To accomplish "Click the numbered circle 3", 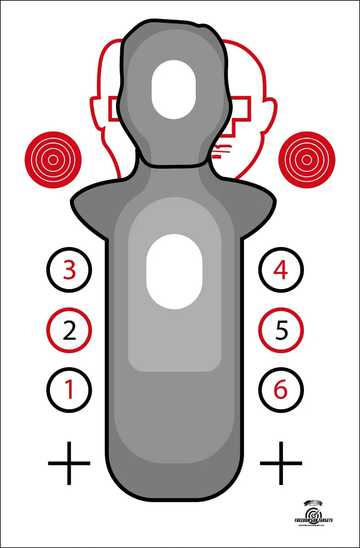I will click(69, 270).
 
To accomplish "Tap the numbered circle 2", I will click(69, 330).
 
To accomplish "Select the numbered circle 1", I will click(69, 390).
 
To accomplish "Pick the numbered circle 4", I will click(281, 270).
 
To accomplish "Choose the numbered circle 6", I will click(281, 390).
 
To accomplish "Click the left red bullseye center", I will click(53, 160).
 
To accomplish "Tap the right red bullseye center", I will click(307, 160).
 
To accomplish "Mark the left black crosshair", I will click(69, 463).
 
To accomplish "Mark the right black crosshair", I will click(281, 463).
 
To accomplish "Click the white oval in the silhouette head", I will click(173, 90).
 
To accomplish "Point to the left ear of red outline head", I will click(96, 112).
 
